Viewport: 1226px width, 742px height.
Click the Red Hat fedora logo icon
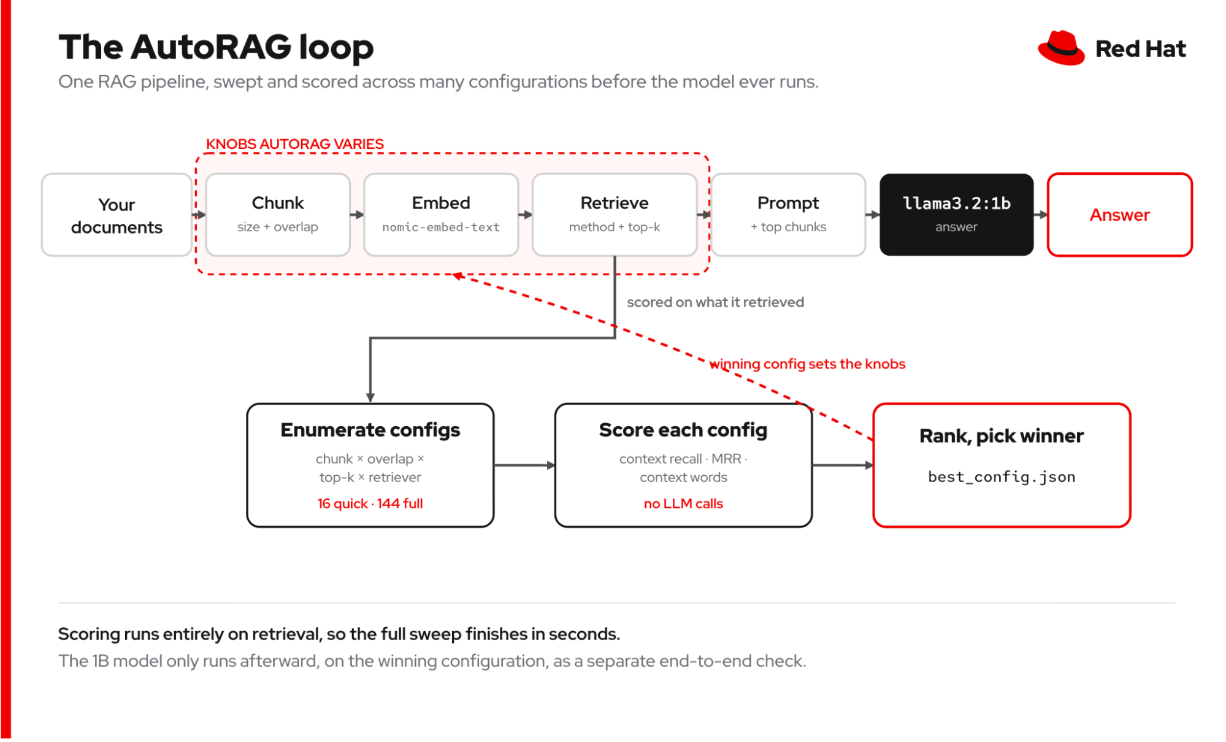click(x=1061, y=48)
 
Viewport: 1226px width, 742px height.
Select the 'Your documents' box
click(x=117, y=215)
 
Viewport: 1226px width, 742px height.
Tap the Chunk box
click(x=278, y=215)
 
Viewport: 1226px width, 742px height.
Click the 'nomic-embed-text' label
click(x=441, y=227)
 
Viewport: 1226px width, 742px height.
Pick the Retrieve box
click(x=615, y=215)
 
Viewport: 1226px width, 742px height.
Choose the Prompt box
click(x=788, y=215)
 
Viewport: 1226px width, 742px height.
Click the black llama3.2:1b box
click(x=956, y=215)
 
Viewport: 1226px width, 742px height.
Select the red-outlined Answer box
click(x=1119, y=215)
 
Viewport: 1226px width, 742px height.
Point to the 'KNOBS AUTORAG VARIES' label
click(x=294, y=144)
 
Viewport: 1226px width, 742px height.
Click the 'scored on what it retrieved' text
click(x=715, y=302)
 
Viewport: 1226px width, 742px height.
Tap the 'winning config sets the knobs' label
click(x=807, y=364)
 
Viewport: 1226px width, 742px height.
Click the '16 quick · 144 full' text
click(x=370, y=503)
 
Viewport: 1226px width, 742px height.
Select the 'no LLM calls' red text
click(x=683, y=503)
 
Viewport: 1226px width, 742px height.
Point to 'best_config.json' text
click(x=1002, y=477)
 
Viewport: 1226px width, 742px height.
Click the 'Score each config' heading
click(x=683, y=430)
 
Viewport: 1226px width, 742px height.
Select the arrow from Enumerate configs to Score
click(x=524, y=465)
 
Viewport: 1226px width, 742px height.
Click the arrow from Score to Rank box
click(x=843, y=465)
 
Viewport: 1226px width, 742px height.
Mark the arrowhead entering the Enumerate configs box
click(x=370, y=397)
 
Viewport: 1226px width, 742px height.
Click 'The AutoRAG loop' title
click(x=216, y=47)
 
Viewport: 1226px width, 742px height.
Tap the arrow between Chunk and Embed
click(x=357, y=215)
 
